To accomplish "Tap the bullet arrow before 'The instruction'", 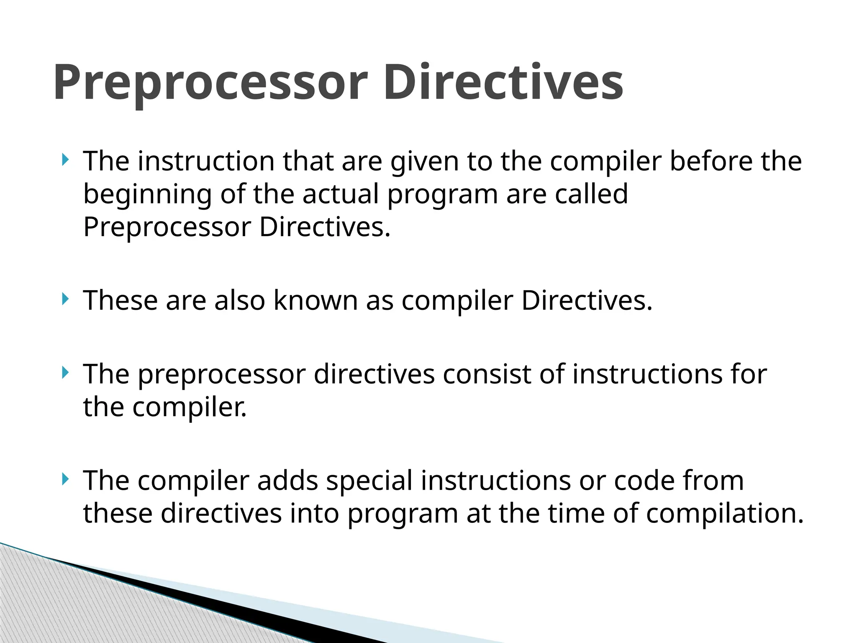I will click(x=64, y=159).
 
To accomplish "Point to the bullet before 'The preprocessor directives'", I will click(x=64, y=372).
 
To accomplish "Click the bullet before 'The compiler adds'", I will click(x=64, y=479).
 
